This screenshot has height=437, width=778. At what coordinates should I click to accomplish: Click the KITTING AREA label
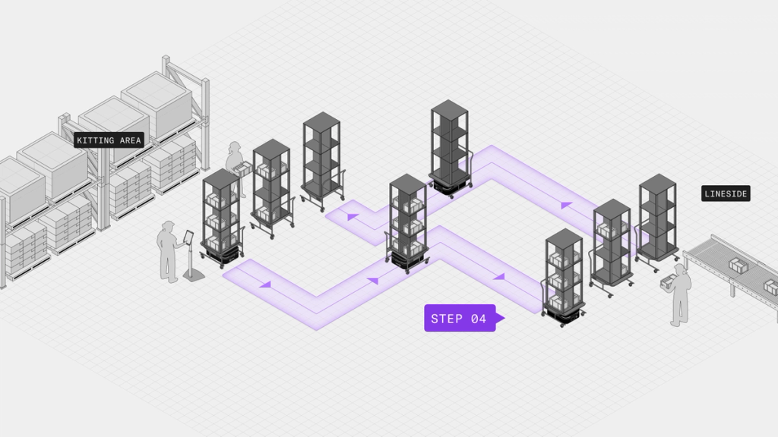[x=109, y=140]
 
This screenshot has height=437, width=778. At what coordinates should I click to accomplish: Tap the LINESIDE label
[x=726, y=194]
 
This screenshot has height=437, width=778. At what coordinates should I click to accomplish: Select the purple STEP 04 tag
[x=460, y=319]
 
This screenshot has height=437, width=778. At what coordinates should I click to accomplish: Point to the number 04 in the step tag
[x=479, y=319]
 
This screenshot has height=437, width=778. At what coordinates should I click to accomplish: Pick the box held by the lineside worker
[x=667, y=284]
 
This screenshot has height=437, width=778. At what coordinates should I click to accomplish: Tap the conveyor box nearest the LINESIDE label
[x=737, y=265]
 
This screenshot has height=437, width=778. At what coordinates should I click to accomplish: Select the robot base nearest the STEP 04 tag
[x=564, y=313]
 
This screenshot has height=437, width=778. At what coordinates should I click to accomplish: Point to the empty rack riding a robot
[x=450, y=144]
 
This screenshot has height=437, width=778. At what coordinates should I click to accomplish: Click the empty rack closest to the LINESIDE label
[x=658, y=216]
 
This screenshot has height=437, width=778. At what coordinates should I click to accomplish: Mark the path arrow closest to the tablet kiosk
[x=265, y=285]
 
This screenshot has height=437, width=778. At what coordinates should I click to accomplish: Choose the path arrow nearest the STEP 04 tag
[x=499, y=277]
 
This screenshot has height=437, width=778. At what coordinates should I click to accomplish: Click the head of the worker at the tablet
[x=168, y=227]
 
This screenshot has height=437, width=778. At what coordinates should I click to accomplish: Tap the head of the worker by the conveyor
[x=678, y=270]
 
